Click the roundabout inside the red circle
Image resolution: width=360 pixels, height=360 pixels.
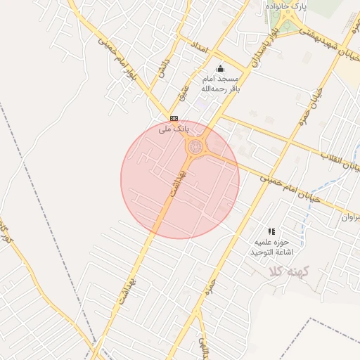[x=194, y=148]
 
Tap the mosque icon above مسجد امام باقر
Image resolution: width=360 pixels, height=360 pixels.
[x=221, y=69]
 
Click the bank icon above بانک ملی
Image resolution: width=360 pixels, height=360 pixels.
[x=174, y=118]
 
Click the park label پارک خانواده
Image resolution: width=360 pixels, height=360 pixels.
[x=286, y=6]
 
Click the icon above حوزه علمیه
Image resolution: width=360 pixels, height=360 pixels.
[x=271, y=231]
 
